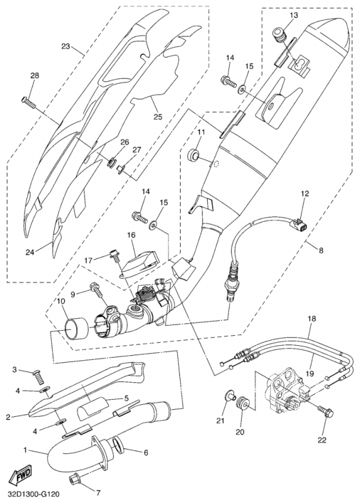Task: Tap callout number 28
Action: (35, 75)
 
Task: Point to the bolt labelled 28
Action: (28, 102)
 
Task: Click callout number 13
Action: (293, 15)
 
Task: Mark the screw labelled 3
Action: (38, 377)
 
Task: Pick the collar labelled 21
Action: (228, 395)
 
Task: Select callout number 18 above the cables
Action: (312, 319)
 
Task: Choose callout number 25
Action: (158, 117)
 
